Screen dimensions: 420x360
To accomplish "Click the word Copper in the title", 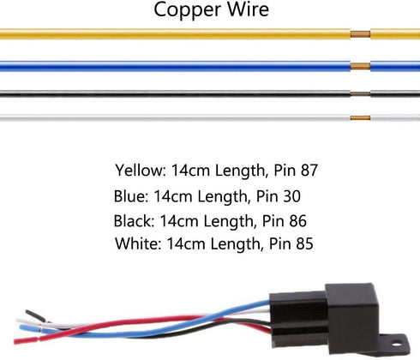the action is point(188,10).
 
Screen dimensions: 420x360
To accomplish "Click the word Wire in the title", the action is point(248,9).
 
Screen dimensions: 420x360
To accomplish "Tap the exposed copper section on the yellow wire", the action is point(361,34).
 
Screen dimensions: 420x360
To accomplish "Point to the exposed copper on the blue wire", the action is point(361,66).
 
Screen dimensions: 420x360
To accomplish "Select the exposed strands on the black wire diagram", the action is point(361,93).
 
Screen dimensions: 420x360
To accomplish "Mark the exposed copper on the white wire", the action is point(361,117).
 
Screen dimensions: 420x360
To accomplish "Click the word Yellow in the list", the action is point(141,171).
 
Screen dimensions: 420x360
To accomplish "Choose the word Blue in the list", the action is point(131,196).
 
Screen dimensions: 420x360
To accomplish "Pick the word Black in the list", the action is point(134,221).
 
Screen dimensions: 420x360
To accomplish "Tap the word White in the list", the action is point(138,243).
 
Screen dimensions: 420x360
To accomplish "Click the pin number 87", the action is point(309,171).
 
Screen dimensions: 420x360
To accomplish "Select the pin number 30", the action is point(291,196).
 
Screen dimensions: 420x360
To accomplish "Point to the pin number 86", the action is point(297,221).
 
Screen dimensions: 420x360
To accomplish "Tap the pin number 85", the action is point(304,244).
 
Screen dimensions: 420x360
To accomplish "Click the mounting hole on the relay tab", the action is point(396,343).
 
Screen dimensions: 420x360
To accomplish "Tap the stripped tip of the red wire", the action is point(26,340).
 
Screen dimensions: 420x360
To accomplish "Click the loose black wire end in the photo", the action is point(35,315).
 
